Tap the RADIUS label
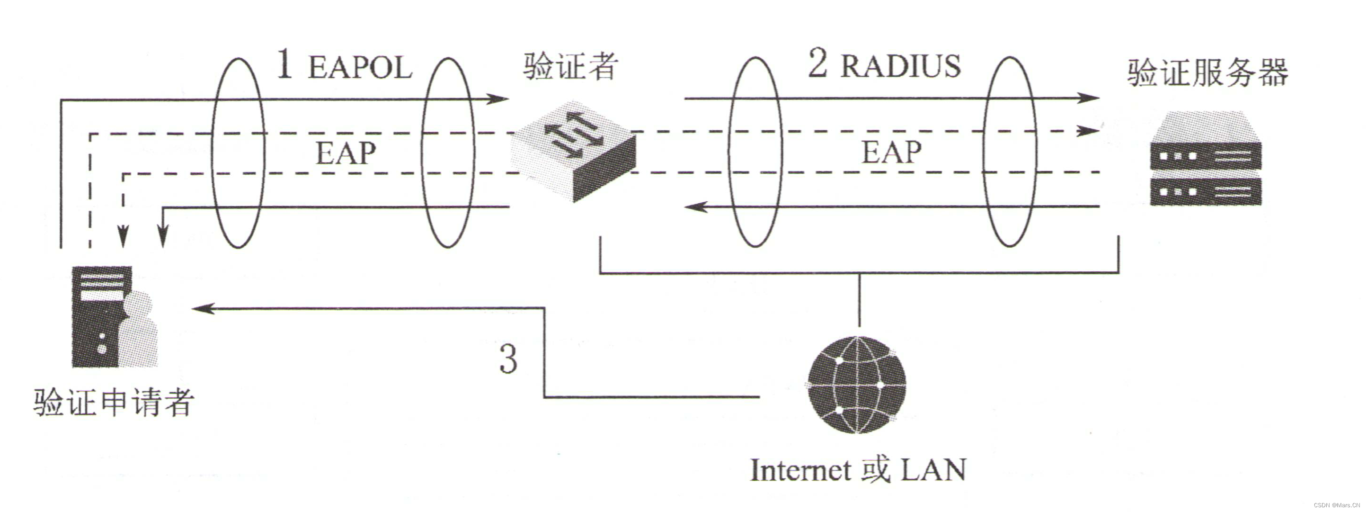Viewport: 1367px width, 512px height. coord(901,66)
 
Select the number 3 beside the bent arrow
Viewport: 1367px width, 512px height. coord(508,359)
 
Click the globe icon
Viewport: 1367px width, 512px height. coord(856,385)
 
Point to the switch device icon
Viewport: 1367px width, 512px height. coord(574,152)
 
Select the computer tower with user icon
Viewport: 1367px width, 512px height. coord(114,317)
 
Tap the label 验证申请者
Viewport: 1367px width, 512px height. coord(114,402)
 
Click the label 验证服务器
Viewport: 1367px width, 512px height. coord(1208,73)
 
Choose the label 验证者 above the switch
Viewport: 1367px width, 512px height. coord(570,66)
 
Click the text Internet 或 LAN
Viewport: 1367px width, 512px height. coord(858,470)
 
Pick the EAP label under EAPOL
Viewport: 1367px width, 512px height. coord(346,153)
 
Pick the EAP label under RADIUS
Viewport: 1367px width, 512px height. coord(891,152)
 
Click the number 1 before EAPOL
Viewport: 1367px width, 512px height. coord(285,65)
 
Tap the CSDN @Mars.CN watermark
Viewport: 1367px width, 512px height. coord(1337,504)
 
